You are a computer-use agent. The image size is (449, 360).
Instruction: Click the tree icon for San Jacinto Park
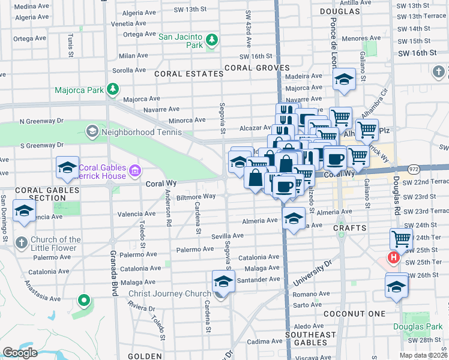tap(211, 41)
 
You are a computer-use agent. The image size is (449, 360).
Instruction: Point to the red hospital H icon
tap(393, 259)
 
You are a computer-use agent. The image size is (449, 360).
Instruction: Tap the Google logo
tap(20, 353)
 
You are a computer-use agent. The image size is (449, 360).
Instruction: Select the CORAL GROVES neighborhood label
tap(257, 68)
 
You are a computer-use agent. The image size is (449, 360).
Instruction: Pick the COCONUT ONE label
tap(354, 314)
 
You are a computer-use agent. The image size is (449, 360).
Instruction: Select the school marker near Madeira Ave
tap(345, 79)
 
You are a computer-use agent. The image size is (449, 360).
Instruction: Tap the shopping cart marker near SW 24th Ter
tap(401, 239)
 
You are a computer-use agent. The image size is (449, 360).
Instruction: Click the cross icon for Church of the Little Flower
tap(21, 243)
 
